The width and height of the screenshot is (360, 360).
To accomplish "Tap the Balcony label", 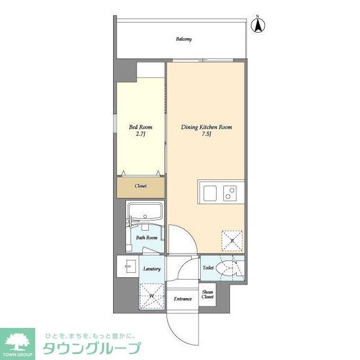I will (183, 39).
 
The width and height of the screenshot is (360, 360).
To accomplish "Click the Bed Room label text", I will (141, 127).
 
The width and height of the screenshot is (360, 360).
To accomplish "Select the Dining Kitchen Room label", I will (206, 128).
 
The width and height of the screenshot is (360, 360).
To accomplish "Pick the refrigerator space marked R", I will (232, 240).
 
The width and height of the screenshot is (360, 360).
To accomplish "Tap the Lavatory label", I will (152, 269).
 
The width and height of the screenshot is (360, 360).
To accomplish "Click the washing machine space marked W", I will (151, 295).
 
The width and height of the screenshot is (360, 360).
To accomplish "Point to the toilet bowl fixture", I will (230, 268).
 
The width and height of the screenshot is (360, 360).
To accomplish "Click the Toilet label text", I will (208, 268).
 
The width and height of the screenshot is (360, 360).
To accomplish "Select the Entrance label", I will (183, 299).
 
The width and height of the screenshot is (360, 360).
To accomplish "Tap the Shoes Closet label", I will (208, 295).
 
